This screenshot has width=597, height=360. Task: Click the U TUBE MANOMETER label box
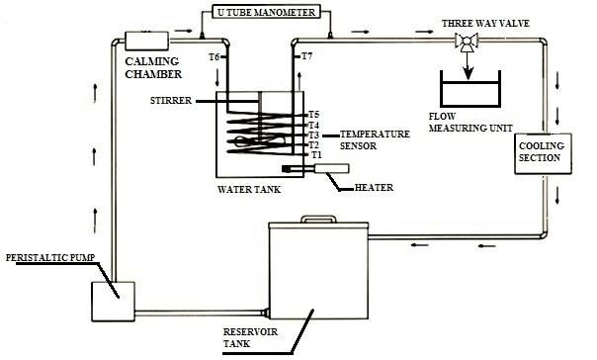click(x=267, y=12)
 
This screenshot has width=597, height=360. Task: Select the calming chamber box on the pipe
click(x=146, y=41)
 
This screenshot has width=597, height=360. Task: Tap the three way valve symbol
click(x=467, y=42)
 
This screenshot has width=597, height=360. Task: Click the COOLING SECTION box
click(x=543, y=153)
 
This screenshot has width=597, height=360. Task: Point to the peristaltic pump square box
click(x=113, y=302)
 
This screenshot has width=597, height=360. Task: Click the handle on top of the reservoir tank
click(x=318, y=219)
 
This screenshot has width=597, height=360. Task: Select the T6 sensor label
click(x=213, y=57)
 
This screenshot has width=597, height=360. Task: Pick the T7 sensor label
click(x=306, y=56)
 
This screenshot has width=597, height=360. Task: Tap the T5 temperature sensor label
click(x=313, y=115)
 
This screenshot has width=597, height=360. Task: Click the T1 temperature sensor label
click(x=316, y=155)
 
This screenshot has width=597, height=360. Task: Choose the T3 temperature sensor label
click(x=313, y=135)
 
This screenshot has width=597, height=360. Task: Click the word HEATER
click(x=374, y=188)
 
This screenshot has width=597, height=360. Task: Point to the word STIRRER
click(x=171, y=101)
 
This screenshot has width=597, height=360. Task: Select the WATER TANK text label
click(x=249, y=189)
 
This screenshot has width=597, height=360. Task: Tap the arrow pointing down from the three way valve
click(x=468, y=66)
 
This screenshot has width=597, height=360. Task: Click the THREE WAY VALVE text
click(x=485, y=23)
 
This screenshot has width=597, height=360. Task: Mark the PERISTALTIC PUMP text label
click(x=50, y=257)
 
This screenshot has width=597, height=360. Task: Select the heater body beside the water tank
click(x=315, y=168)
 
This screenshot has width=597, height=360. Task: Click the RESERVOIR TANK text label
click(x=250, y=337)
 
